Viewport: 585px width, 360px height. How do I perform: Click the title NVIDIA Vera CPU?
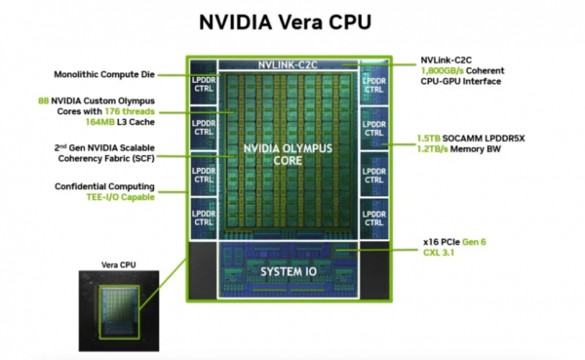285,22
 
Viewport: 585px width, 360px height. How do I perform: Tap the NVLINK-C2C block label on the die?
288,65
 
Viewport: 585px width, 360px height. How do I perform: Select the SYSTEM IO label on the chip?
289,271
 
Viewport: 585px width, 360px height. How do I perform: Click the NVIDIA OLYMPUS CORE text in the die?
288,154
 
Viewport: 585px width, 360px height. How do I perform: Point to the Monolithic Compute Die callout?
104,74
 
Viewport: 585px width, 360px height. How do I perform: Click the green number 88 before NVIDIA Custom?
43,100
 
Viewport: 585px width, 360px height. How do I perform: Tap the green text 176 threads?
130,111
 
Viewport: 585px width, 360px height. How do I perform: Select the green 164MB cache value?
100,122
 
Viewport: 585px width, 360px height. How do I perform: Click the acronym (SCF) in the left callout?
143,158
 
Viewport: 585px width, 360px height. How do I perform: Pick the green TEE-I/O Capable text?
121,197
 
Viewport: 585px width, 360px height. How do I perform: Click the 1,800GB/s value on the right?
442,70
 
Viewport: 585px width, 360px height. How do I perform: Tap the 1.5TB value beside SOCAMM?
428,139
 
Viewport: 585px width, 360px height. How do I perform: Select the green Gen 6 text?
474,242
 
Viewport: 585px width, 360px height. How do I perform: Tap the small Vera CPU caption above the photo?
119,264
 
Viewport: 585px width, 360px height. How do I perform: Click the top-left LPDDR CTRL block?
204,83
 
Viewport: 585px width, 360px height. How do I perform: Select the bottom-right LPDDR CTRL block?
373,219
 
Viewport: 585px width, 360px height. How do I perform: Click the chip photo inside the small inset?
119,311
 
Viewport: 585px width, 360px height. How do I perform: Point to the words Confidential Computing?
104,186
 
